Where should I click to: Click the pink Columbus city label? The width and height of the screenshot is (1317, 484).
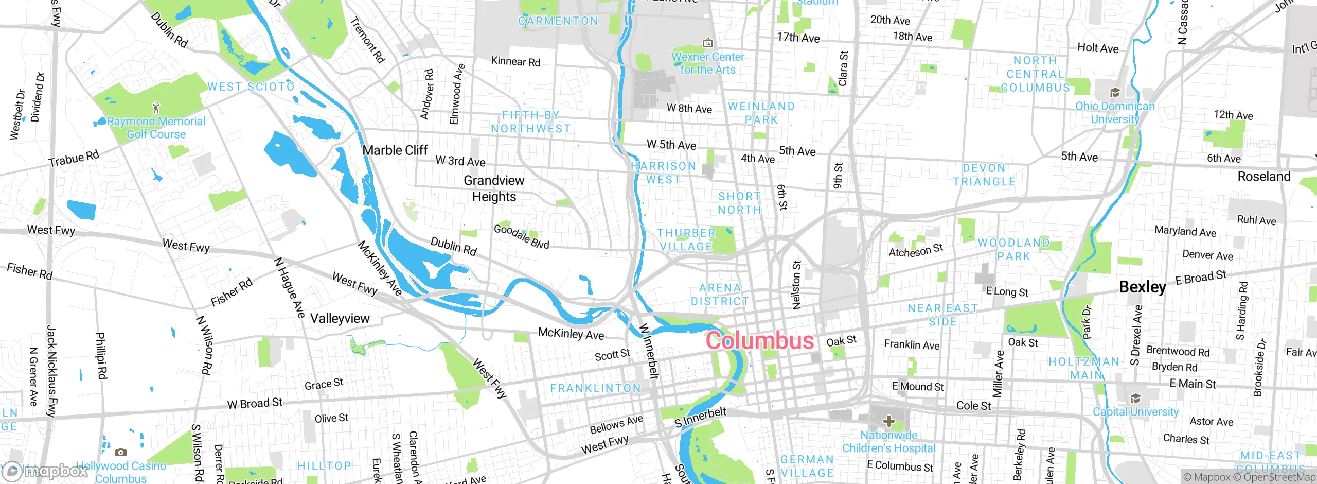[x=759, y=341]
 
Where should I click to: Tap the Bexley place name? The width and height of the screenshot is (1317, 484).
[x=1142, y=287]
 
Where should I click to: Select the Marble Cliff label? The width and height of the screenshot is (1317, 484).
[x=395, y=150]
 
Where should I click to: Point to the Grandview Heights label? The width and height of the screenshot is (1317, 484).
[x=494, y=188]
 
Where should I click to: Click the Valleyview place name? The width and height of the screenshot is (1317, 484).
[x=340, y=318]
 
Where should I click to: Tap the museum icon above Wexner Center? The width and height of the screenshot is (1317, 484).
[x=708, y=43]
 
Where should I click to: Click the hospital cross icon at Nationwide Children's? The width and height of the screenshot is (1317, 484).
[x=888, y=422]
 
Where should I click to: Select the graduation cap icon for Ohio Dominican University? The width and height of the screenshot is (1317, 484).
[x=1115, y=93]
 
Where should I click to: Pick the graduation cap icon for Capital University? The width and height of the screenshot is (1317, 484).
[x=1135, y=399]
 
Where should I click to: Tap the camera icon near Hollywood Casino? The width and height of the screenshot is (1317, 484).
[x=121, y=453]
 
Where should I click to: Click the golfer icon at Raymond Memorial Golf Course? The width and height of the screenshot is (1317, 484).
[x=156, y=108]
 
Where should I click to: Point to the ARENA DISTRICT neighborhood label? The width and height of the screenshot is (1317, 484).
[x=720, y=295]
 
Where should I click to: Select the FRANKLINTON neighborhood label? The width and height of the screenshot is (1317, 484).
[x=595, y=388]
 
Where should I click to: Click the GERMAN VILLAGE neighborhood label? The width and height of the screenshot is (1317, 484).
[x=807, y=466]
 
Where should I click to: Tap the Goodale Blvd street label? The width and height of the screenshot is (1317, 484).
[x=521, y=236]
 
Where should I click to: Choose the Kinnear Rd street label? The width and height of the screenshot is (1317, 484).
[x=515, y=61]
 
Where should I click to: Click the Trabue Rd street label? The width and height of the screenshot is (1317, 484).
[x=74, y=159]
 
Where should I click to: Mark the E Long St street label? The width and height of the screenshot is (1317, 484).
[x=1007, y=291]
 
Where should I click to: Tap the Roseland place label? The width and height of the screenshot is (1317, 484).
[x=1264, y=177]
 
